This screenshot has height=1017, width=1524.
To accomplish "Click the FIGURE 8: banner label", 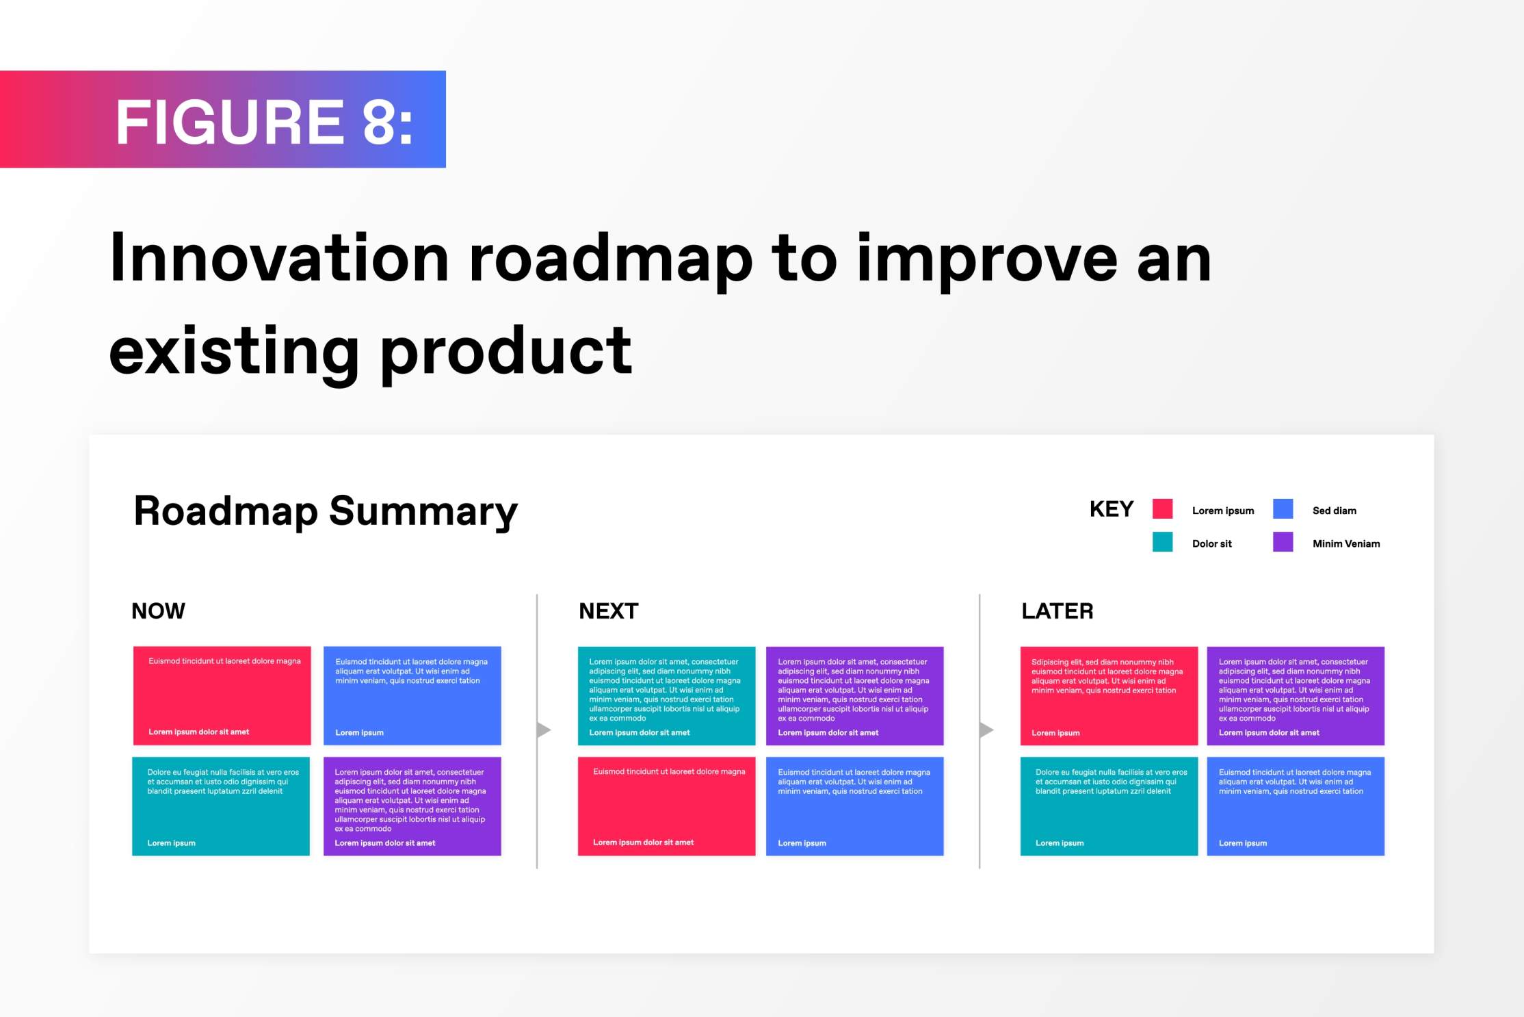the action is click(x=264, y=122).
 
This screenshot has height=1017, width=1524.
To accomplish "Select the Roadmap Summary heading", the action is click(x=326, y=511).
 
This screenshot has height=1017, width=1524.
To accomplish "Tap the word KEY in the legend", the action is click(x=1112, y=509).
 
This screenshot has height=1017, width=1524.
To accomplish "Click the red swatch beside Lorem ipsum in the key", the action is click(x=1162, y=508).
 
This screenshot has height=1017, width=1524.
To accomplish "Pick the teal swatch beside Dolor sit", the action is click(x=1162, y=542).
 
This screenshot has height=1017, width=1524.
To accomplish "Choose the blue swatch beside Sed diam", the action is click(x=1283, y=508).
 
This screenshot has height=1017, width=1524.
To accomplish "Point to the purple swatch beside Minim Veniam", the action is click(x=1283, y=542).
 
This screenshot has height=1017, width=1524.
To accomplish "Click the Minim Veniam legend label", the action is click(x=1346, y=543).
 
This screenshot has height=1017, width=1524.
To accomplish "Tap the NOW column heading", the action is click(x=158, y=610).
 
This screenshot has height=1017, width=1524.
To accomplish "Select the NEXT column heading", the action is click(x=609, y=610).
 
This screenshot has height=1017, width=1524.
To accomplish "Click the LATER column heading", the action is click(x=1057, y=610).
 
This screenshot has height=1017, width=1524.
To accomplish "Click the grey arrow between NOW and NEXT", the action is click(x=544, y=730).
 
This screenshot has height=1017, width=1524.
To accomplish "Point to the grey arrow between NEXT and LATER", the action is click(x=986, y=730).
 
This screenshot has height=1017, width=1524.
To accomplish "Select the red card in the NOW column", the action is click(x=222, y=695).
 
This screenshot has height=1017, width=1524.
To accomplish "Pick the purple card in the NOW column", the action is click(x=412, y=806).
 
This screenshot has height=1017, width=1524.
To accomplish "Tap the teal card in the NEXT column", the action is click(x=666, y=695).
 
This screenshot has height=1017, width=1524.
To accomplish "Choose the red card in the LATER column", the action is click(x=1109, y=695).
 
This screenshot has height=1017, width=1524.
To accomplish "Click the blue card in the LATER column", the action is click(x=1296, y=806).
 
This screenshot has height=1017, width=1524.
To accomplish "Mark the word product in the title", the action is click(x=506, y=355).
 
